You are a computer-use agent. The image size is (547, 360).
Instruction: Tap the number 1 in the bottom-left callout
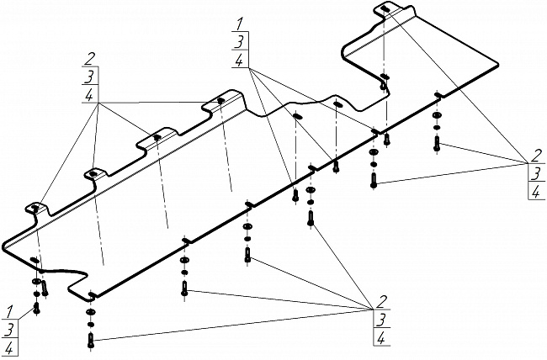click(x=9, y=311)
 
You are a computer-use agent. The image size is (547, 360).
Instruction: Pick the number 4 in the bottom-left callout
click(x=9, y=347)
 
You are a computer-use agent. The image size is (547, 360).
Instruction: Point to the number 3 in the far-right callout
click(x=534, y=174)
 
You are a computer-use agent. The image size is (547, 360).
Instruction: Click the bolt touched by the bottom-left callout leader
click(x=36, y=309)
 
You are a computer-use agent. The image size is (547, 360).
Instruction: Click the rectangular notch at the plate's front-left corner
click(x=90, y=294)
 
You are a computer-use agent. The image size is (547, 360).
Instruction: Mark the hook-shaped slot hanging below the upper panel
click(x=384, y=82)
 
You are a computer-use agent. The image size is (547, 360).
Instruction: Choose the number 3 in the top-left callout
click(x=88, y=77)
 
